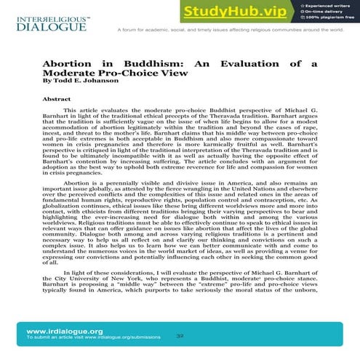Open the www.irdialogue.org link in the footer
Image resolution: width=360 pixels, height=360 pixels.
click(55, 331)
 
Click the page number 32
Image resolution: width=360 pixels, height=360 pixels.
click(180, 337)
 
